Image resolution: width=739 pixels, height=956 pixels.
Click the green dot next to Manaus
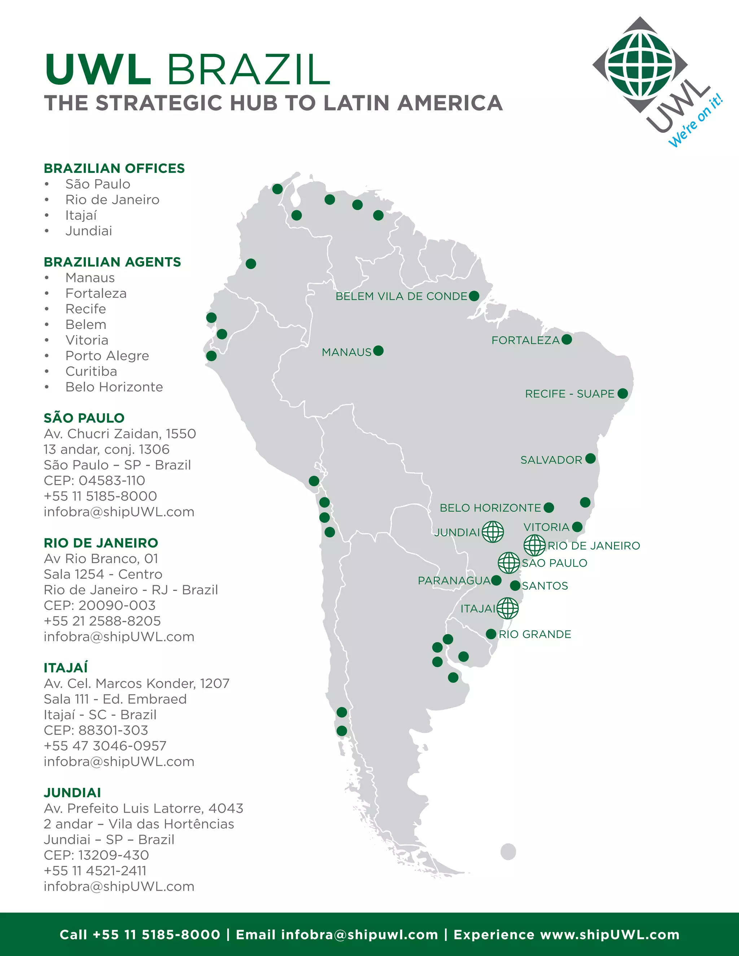[379, 351]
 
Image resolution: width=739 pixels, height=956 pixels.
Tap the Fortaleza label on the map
[525, 340]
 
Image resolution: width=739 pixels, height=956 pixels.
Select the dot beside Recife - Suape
[622, 394]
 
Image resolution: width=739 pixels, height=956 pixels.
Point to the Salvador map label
[551, 460]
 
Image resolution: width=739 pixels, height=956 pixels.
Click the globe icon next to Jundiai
[493, 531]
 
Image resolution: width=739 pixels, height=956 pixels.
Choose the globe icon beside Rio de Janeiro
[534, 545]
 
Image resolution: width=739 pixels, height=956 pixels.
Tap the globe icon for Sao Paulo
[509, 562]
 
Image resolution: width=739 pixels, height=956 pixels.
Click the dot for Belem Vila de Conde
[474, 296]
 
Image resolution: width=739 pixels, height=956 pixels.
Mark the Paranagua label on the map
[454, 580]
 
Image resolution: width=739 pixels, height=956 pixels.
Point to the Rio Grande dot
[491, 634]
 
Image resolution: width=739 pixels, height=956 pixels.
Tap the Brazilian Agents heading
[112, 262]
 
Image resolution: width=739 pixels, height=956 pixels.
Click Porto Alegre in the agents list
[107, 355]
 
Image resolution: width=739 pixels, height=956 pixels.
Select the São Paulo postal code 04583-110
[111, 480]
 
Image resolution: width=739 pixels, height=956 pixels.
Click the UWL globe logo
[640, 64]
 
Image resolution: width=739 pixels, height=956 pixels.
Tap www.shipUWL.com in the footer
[609, 935]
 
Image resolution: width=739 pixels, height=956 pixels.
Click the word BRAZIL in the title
[248, 70]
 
